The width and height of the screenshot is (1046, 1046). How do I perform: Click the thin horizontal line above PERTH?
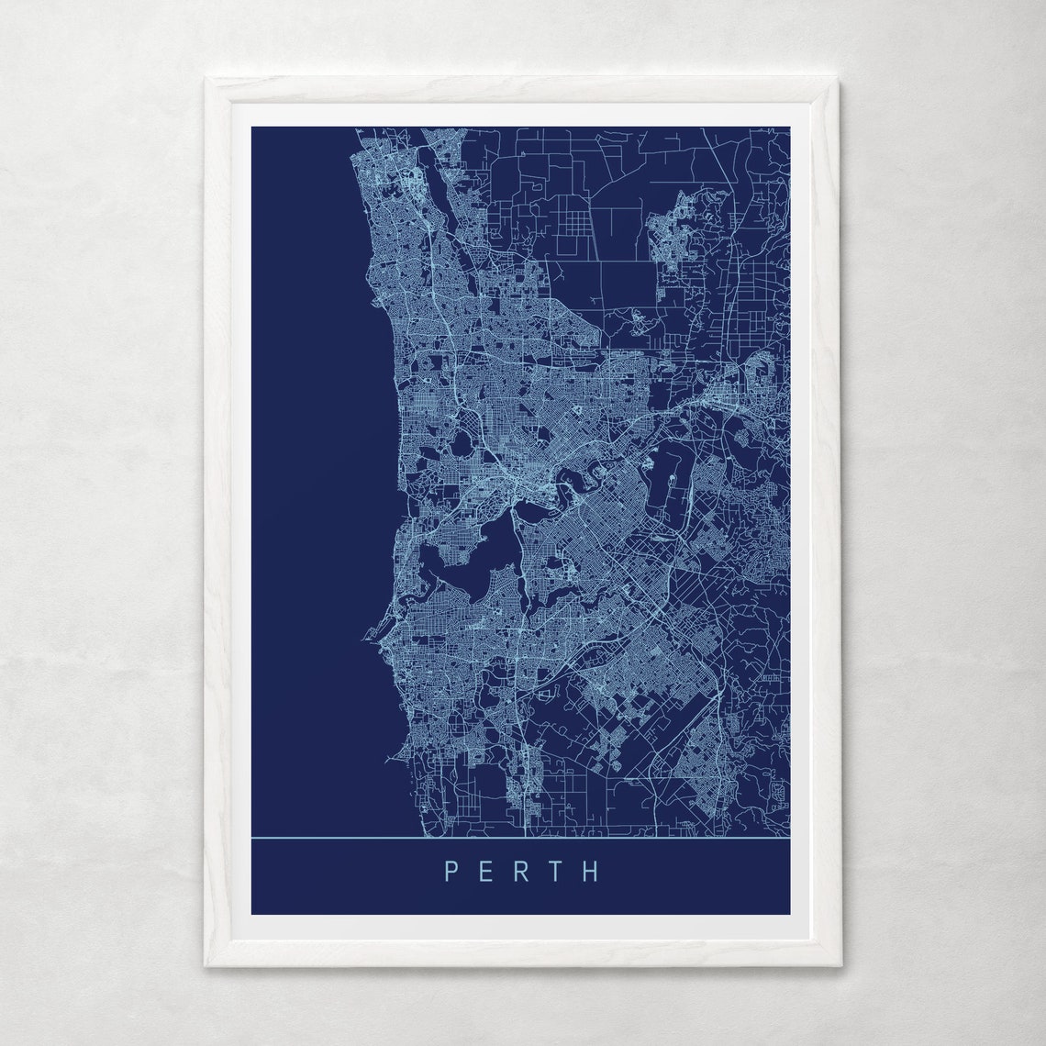pos(520,838)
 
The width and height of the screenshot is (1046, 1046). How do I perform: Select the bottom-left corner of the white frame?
pos(206,966)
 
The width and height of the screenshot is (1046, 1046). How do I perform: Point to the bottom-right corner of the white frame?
pos(839,966)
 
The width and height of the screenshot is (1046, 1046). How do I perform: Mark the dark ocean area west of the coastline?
pos(303,459)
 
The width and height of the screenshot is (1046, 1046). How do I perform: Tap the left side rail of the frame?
pos(217,523)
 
